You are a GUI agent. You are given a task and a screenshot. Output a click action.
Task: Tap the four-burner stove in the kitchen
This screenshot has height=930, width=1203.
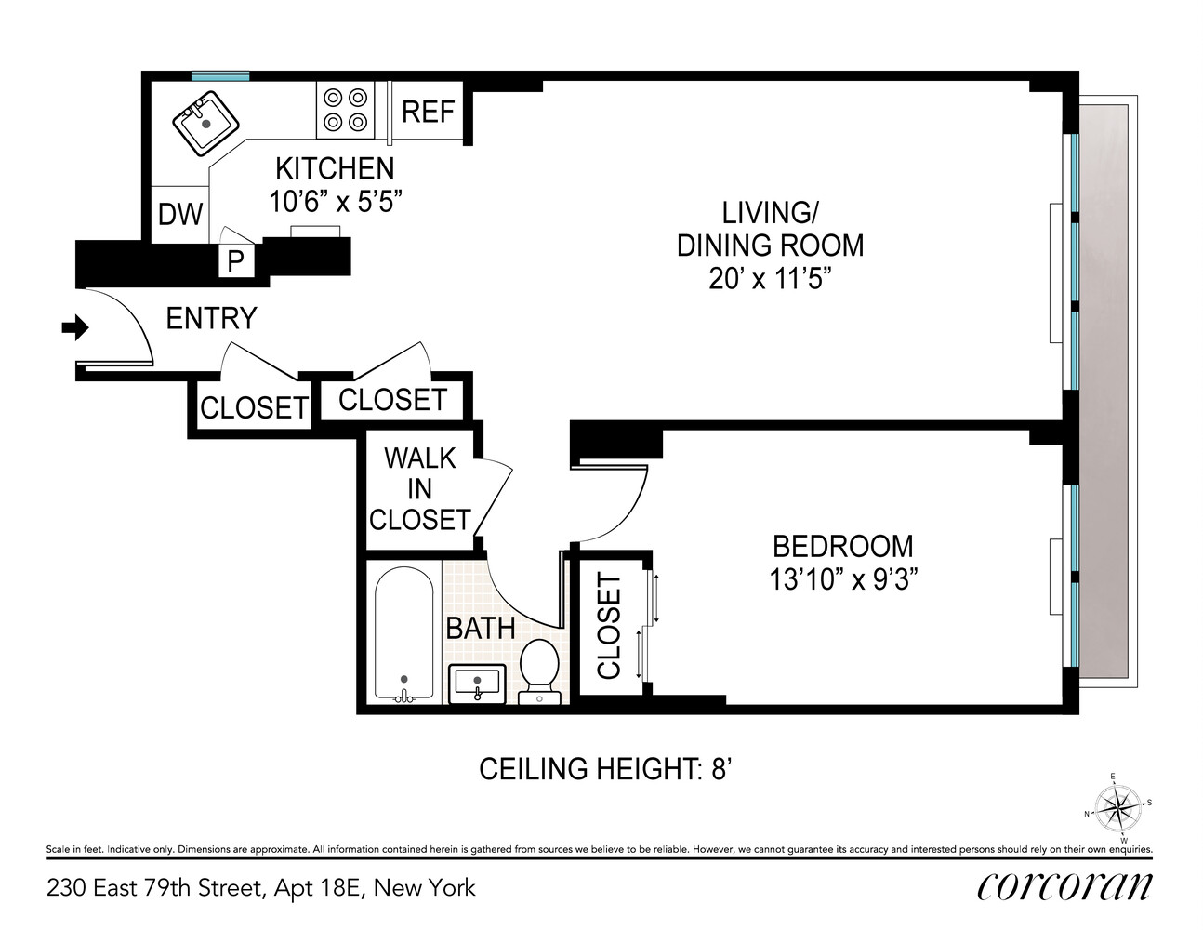point(345,109)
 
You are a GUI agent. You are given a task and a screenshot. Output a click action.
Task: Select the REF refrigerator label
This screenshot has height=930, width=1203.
point(428,112)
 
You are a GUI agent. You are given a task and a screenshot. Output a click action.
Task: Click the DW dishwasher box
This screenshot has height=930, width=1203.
point(180,215)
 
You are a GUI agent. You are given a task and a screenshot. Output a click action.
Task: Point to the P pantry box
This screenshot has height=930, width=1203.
point(236,262)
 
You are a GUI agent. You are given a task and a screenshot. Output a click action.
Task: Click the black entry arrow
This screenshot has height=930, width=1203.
point(74,327)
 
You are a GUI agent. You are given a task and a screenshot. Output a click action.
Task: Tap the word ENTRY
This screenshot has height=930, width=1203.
point(211,319)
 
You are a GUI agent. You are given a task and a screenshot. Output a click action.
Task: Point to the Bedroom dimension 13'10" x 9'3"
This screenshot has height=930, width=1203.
point(843,579)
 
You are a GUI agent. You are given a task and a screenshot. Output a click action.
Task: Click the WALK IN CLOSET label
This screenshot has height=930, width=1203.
point(420,488)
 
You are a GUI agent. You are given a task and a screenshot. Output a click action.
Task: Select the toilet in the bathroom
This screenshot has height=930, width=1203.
point(537,669)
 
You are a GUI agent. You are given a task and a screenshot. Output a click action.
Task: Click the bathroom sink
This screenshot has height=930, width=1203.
point(478,684)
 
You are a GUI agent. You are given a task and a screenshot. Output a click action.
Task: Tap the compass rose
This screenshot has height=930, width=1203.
point(1119,807)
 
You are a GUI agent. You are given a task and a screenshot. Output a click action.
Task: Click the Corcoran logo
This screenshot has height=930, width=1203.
point(1064,886)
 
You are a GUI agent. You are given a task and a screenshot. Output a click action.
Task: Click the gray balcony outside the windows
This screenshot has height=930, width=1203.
point(1104,391)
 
